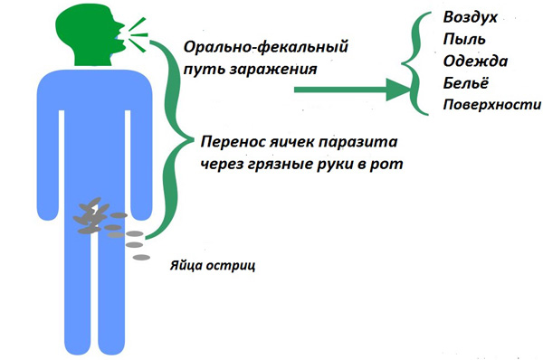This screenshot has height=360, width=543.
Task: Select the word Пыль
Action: tap(463, 40)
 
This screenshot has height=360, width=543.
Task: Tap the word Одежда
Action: tap(472, 61)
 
